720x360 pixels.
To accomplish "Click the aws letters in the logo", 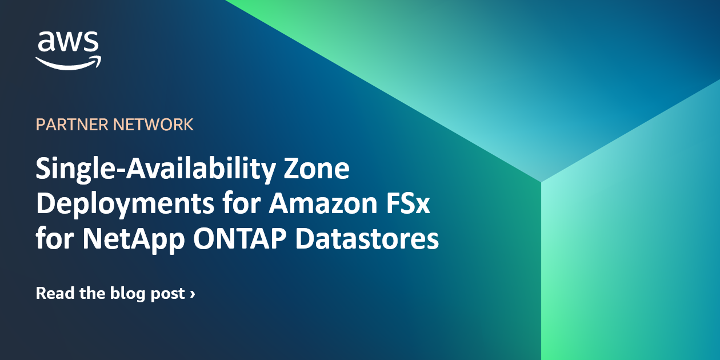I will [67, 42].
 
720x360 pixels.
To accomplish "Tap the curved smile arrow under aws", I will [67, 62].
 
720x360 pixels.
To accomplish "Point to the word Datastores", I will [367, 238].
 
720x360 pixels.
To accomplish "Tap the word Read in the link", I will [54, 294].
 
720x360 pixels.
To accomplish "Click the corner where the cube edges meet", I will [541, 182].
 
